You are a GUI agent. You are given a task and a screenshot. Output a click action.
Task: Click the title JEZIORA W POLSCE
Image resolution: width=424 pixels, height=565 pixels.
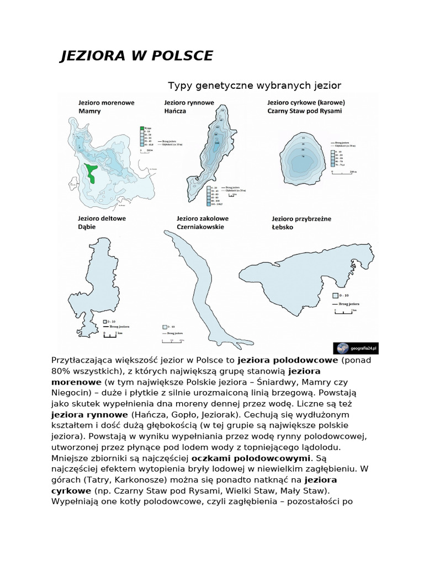tap(136, 56)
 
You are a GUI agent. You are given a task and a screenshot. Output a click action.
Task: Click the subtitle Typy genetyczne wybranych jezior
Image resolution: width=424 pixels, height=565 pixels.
tap(255, 86)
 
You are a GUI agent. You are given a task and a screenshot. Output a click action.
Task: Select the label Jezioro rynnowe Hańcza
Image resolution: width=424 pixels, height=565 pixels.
tap(189, 106)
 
